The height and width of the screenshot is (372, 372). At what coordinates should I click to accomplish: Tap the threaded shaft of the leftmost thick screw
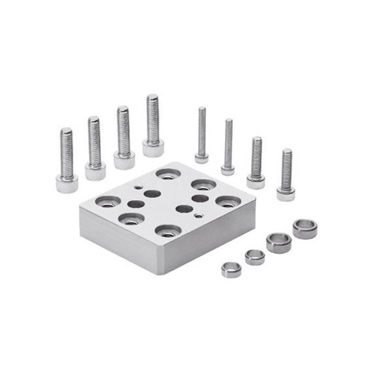67,153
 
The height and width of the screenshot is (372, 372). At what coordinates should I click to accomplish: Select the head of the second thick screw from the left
94,171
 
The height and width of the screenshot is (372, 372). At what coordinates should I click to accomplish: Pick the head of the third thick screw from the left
124,159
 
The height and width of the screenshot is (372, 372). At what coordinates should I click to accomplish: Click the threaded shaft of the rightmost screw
286,168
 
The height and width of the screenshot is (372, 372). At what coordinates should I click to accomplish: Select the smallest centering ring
231,269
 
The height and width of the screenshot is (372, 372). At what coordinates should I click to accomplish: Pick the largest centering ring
304,228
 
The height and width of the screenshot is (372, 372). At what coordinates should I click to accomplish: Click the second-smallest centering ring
254,257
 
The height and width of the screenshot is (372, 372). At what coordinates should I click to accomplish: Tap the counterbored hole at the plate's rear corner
168,174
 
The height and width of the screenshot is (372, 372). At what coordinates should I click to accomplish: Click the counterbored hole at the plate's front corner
168,230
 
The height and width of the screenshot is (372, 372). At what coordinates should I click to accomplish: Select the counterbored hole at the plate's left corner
108,202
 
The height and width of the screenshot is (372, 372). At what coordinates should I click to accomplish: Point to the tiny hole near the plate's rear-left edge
139,187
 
